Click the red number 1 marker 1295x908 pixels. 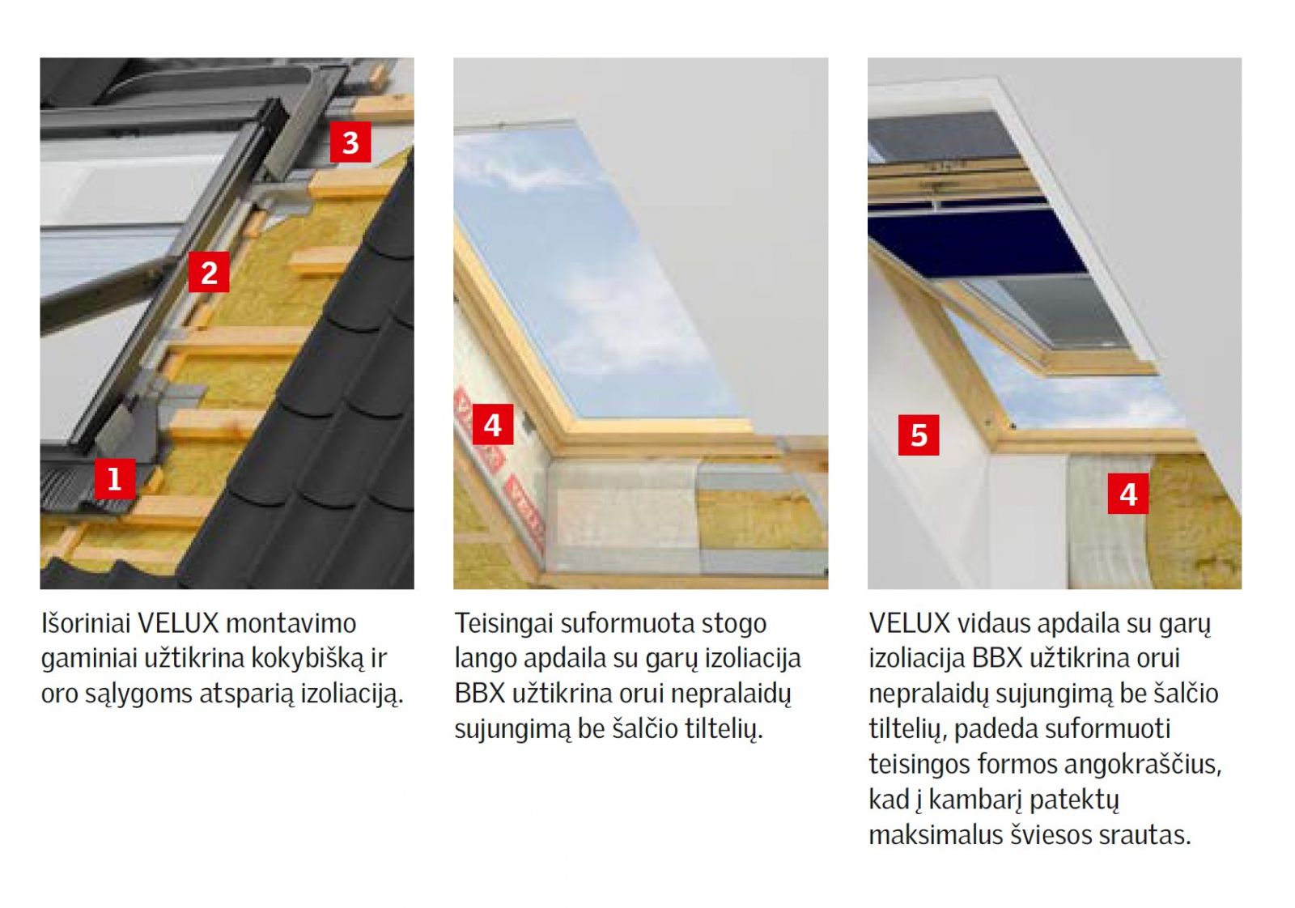(114, 478)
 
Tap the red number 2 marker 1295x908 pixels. (209, 272)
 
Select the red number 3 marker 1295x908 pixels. (350, 142)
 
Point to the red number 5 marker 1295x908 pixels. (919, 435)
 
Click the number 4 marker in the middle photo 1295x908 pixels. (493, 425)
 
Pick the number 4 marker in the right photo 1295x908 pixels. (1128, 494)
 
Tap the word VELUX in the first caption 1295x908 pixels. (178, 624)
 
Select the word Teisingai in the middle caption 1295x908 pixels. (503, 624)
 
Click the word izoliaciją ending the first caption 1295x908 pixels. (351, 694)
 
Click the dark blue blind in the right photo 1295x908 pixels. (977, 242)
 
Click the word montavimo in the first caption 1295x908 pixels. (291, 624)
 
